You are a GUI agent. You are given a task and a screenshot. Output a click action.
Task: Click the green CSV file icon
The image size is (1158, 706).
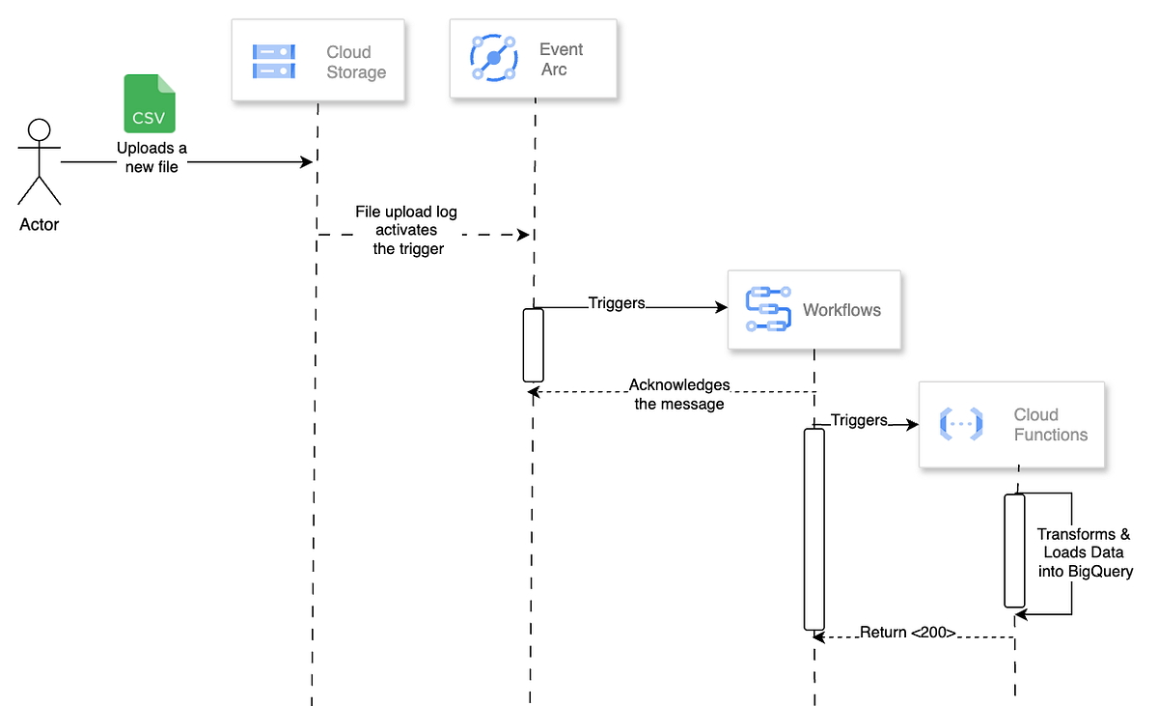click(151, 103)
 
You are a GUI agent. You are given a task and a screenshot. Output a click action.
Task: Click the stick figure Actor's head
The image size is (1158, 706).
click(39, 130)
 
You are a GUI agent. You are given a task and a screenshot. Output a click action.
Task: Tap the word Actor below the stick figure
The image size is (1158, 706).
click(39, 225)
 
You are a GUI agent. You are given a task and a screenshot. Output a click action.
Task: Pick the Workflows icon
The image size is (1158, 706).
click(768, 310)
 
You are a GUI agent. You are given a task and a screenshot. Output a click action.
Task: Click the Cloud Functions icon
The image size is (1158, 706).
click(960, 425)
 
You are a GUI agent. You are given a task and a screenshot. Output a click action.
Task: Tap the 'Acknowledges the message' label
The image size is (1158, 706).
click(679, 394)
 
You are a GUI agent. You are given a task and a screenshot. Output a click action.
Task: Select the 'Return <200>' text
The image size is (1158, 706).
click(907, 634)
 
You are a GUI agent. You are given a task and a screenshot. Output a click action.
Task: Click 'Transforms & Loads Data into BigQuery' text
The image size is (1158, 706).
click(1084, 552)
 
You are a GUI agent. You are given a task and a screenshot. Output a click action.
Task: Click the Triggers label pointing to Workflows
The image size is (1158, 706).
click(617, 302)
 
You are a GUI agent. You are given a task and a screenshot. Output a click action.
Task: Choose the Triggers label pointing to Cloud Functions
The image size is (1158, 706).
click(859, 420)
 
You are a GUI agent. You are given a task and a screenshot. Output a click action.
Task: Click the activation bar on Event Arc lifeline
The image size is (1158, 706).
click(534, 345)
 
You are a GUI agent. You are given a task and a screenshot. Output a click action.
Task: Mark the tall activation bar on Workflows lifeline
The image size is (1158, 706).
click(814, 528)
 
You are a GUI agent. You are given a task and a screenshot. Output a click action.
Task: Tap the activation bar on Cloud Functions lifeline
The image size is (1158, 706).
click(1014, 551)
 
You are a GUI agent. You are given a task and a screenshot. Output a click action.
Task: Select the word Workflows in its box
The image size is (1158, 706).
click(841, 310)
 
